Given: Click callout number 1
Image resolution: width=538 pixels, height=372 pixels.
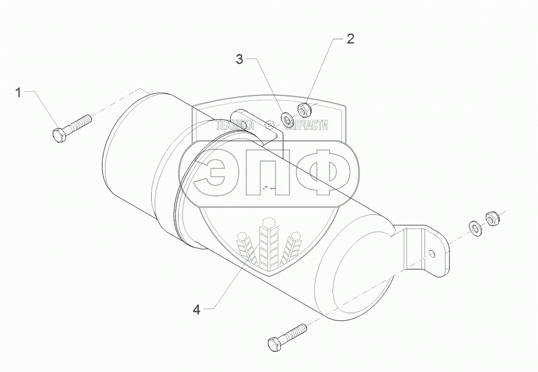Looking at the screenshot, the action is click(x=18, y=93).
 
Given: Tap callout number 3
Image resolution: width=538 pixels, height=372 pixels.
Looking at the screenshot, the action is click(x=239, y=59).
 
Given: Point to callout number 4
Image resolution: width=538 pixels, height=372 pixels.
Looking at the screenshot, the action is click(x=196, y=309).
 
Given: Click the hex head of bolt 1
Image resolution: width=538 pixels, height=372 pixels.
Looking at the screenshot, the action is click(x=59, y=135).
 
